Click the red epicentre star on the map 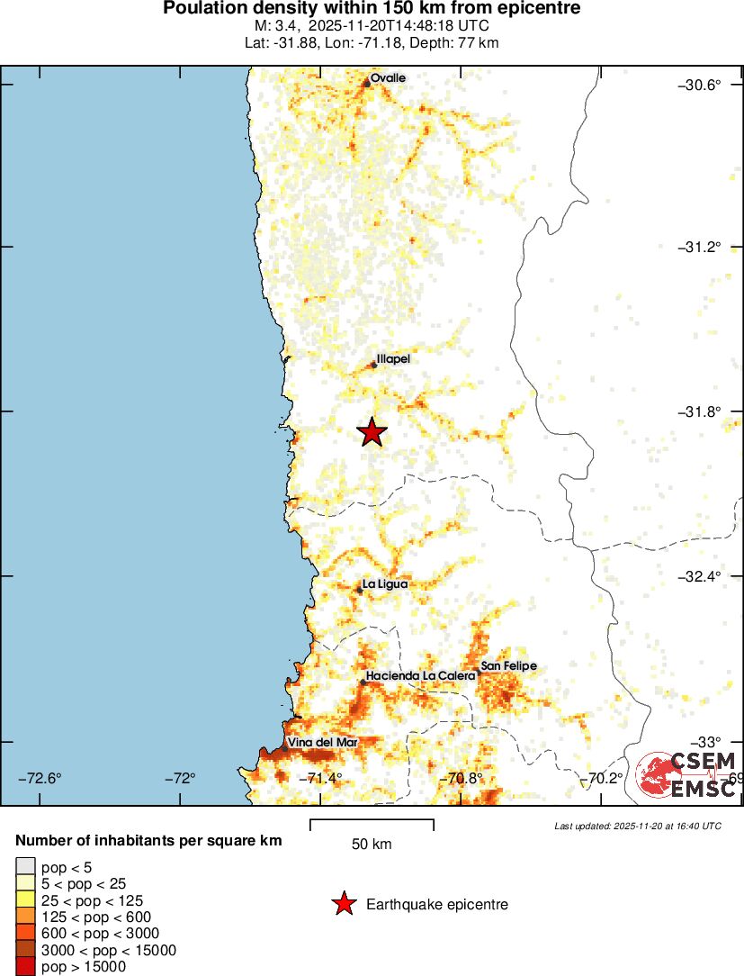click(x=372, y=432)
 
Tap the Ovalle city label click(x=388, y=78)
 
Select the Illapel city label click(x=393, y=358)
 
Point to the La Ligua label click(x=384, y=584)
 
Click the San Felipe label click(x=508, y=666)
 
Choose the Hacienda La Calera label click(x=420, y=676)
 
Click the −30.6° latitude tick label click(x=699, y=85)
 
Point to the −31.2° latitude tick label click(x=699, y=248)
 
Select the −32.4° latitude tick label click(x=699, y=576)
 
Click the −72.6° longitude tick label click(x=41, y=778)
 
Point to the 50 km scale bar click(x=372, y=826)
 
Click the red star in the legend click(x=343, y=904)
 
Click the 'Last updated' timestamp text click(x=637, y=826)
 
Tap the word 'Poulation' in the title click(x=201, y=9)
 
